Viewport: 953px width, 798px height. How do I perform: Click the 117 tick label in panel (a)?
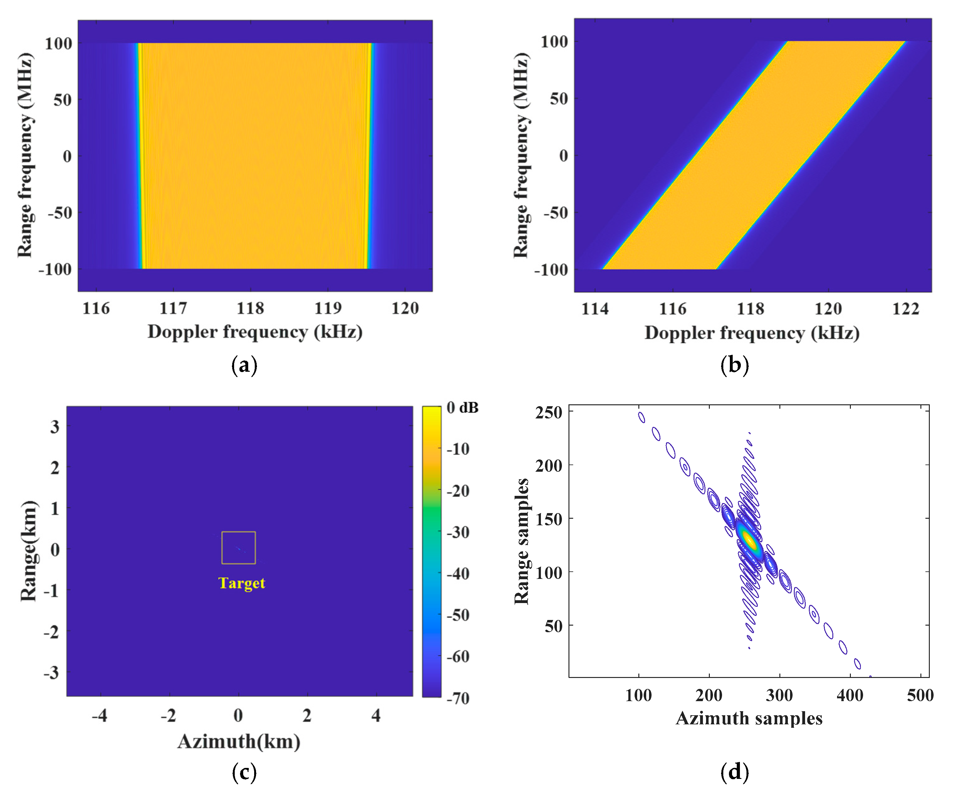pyautogui.click(x=173, y=309)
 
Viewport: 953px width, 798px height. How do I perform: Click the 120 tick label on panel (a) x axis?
pyautogui.click(x=405, y=309)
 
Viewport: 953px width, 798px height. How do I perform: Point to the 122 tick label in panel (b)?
pyautogui.click(x=906, y=309)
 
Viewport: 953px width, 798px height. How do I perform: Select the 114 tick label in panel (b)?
pyautogui.click(x=594, y=309)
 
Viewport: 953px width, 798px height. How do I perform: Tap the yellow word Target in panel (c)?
pyautogui.click(x=241, y=583)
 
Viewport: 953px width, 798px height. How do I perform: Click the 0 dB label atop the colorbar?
pyautogui.click(x=462, y=408)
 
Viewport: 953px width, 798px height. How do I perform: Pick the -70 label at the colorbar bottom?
pyautogui.click(x=458, y=698)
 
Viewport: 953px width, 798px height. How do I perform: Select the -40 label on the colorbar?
pyautogui.click(x=458, y=574)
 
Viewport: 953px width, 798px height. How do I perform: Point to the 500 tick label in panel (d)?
pyautogui.click(x=920, y=696)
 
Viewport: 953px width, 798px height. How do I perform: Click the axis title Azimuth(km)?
pyautogui.click(x=239, y=742)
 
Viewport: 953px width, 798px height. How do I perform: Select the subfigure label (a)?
pyautogui.click(x=244, y=365)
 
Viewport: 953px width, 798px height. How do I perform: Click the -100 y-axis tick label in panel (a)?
pyautogui.click(x=55, y=269)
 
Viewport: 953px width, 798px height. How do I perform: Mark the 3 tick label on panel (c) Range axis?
pyautogui.click(x=55, y=427)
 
